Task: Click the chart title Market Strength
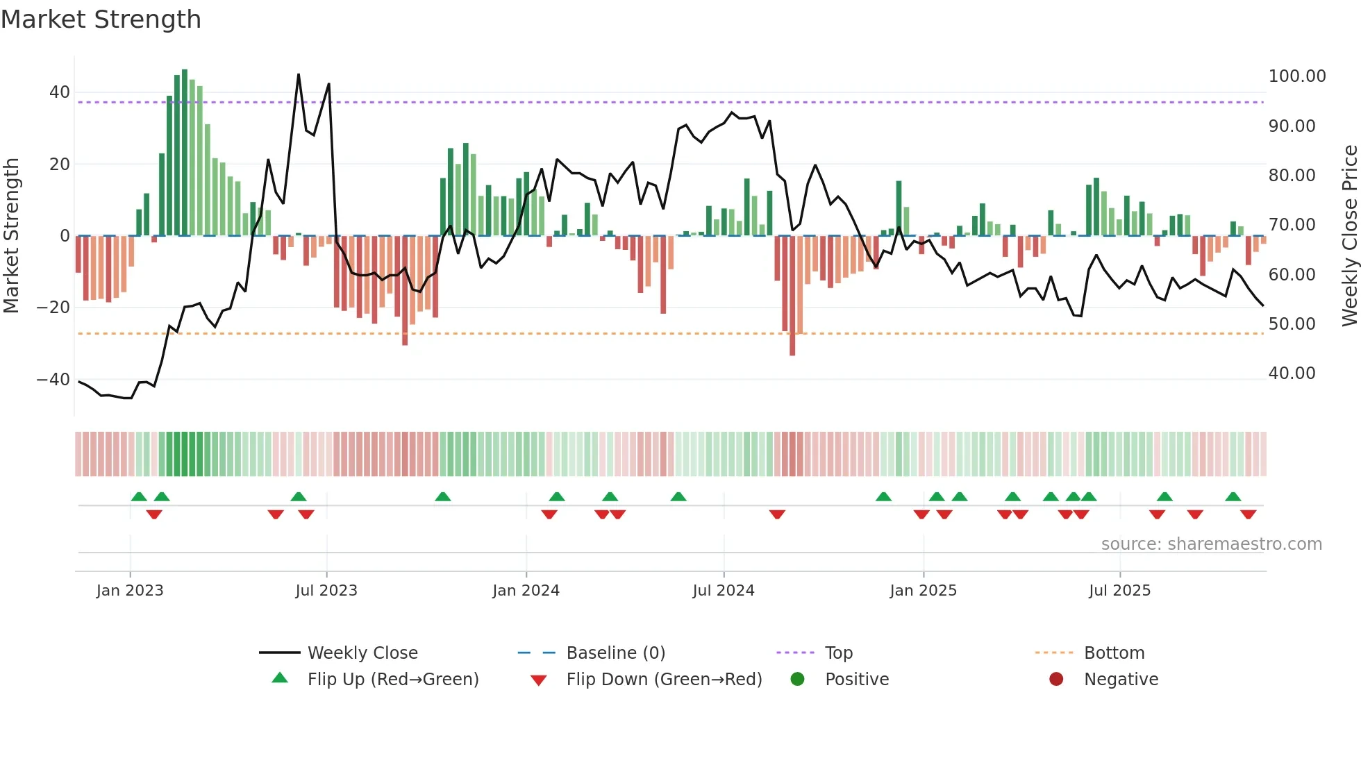101,19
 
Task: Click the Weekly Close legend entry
362,653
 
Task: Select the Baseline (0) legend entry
615,653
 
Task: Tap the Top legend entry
838,653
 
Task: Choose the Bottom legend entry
1114,653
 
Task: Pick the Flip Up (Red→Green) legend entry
392,680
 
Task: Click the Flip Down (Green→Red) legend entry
663,680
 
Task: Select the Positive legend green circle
797,680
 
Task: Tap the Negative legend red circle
1056,680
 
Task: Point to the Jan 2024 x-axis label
526,591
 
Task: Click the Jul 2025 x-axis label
1119,591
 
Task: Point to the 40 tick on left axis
60,92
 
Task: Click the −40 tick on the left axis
53,380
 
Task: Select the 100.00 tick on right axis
1296,76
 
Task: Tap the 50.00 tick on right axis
1292,324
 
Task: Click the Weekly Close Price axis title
1349,236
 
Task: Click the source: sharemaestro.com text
1211,544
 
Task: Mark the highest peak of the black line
299,75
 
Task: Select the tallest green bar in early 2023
185,153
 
